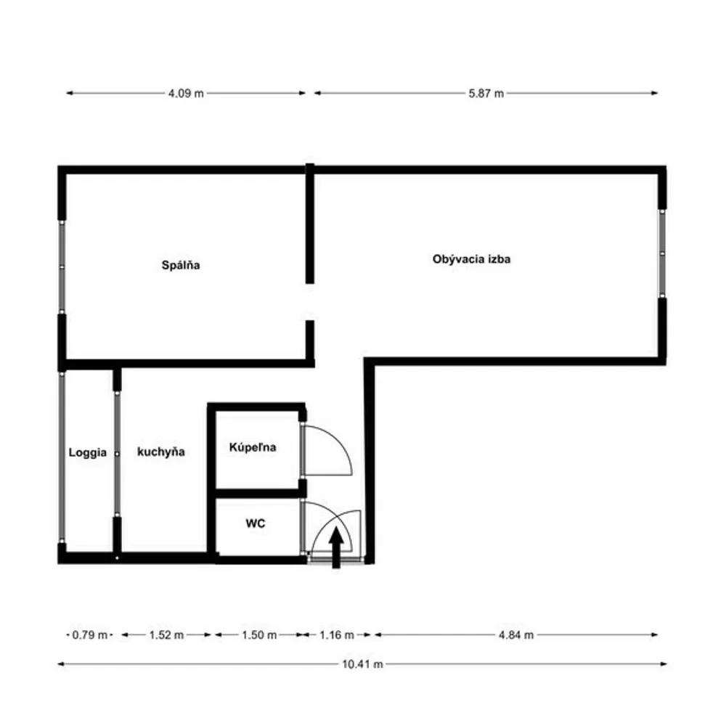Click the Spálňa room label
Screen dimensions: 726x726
(181, 265)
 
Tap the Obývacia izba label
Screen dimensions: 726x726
(471, 259)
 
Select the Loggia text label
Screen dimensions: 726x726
(88, 453)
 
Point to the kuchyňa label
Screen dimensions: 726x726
(161, 452)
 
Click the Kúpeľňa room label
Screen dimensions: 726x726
(253, 447)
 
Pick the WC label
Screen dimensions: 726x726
(256, 523)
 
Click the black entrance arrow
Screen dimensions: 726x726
(336, 547)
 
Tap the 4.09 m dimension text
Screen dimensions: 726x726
(186, 94)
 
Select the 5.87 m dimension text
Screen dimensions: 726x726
(486, 94)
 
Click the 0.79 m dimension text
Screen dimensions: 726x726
(90, 635)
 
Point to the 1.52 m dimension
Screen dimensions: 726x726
(166, 635)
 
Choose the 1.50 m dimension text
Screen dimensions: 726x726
(259, 635)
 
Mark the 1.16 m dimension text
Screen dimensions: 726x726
(337, 635)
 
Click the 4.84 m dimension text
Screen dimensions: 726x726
(516, 635)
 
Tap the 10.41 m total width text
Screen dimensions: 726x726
(362, 664)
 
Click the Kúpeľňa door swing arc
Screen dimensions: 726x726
(340, 441)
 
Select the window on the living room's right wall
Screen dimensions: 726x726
(662, 253)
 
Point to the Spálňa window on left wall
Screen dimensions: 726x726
(62, 267)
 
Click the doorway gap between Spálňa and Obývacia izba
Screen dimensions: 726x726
(310, 302)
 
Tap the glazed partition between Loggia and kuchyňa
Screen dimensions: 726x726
(117, 454)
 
